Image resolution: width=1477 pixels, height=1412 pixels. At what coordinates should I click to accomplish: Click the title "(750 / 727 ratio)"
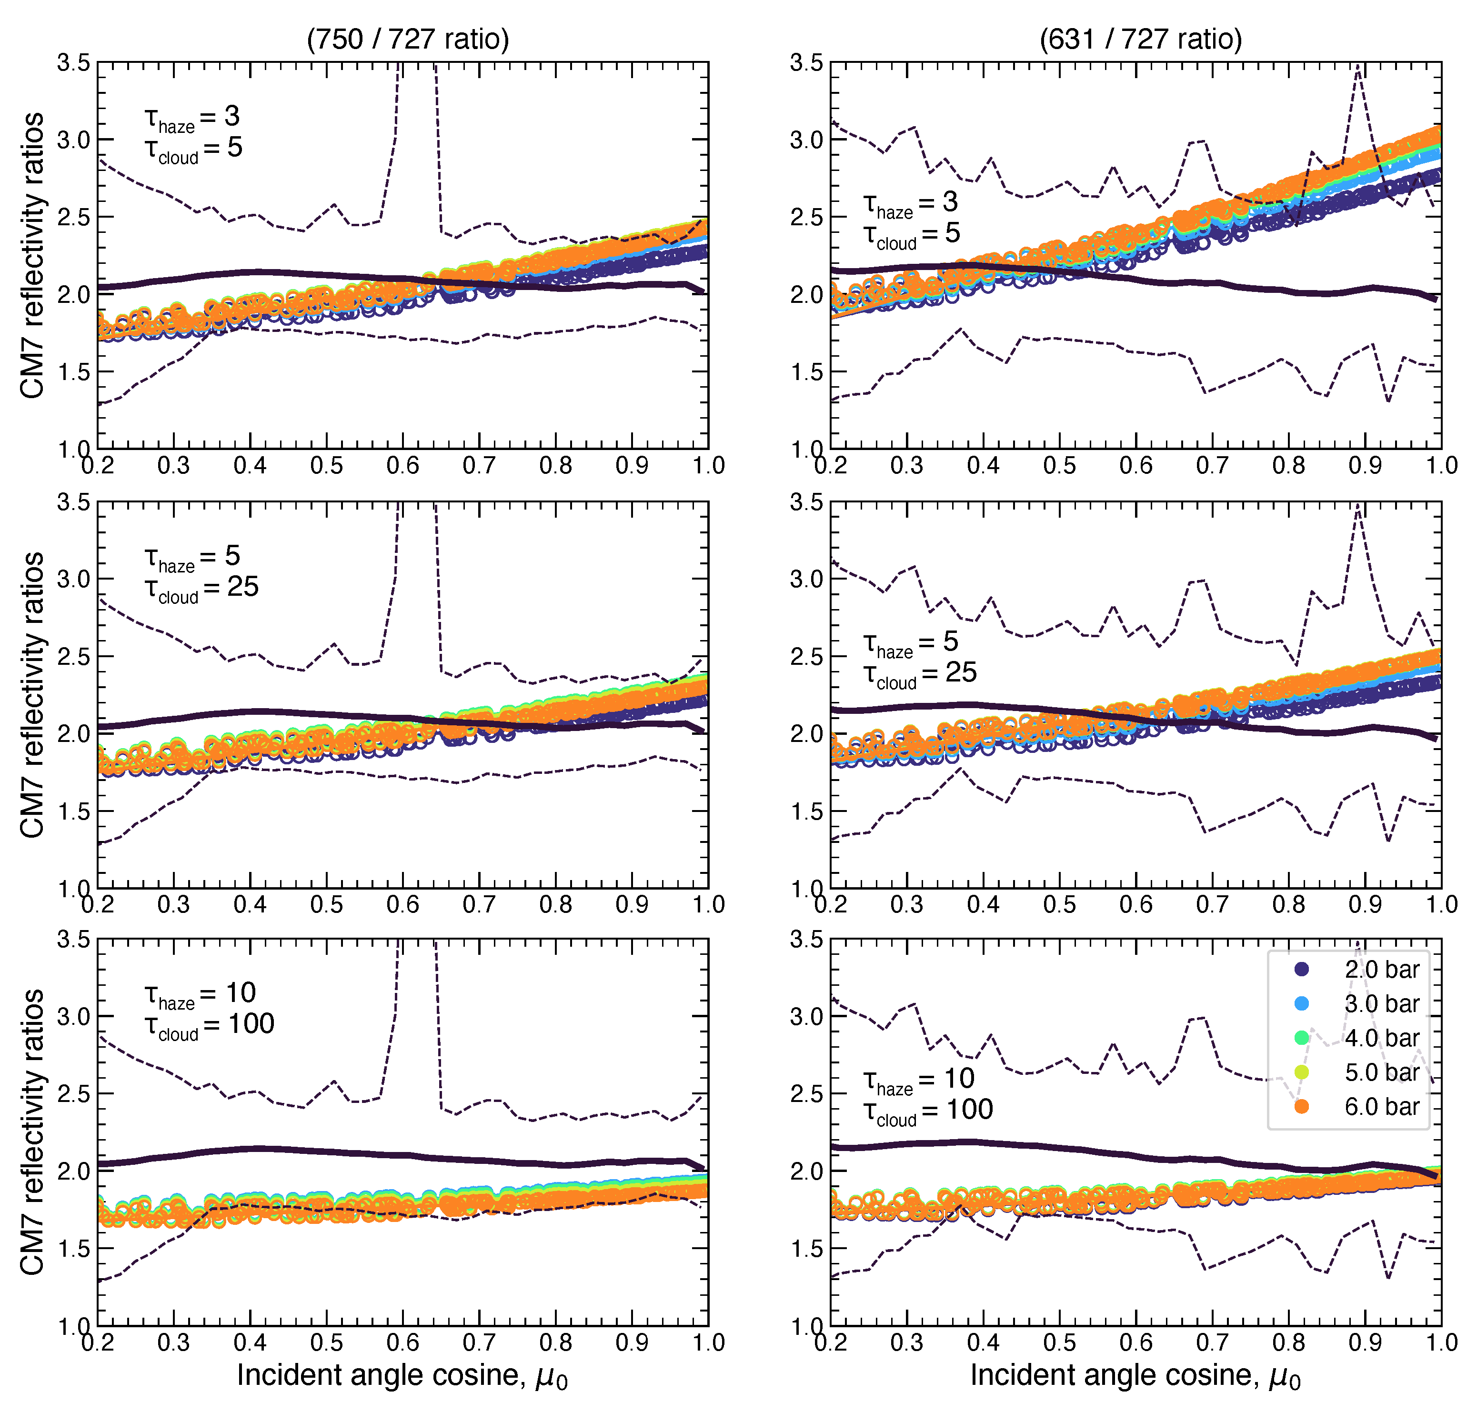pos(407,39)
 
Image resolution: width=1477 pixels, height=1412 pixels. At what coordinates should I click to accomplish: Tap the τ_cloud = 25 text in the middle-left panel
pos(202,587)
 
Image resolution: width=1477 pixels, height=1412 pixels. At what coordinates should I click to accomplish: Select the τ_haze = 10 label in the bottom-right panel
pos(918,1079)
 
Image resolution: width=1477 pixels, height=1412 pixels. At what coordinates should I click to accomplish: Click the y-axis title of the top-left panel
pos(31,255)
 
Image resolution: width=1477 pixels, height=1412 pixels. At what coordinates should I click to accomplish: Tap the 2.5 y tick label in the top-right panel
pos(806,217)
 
